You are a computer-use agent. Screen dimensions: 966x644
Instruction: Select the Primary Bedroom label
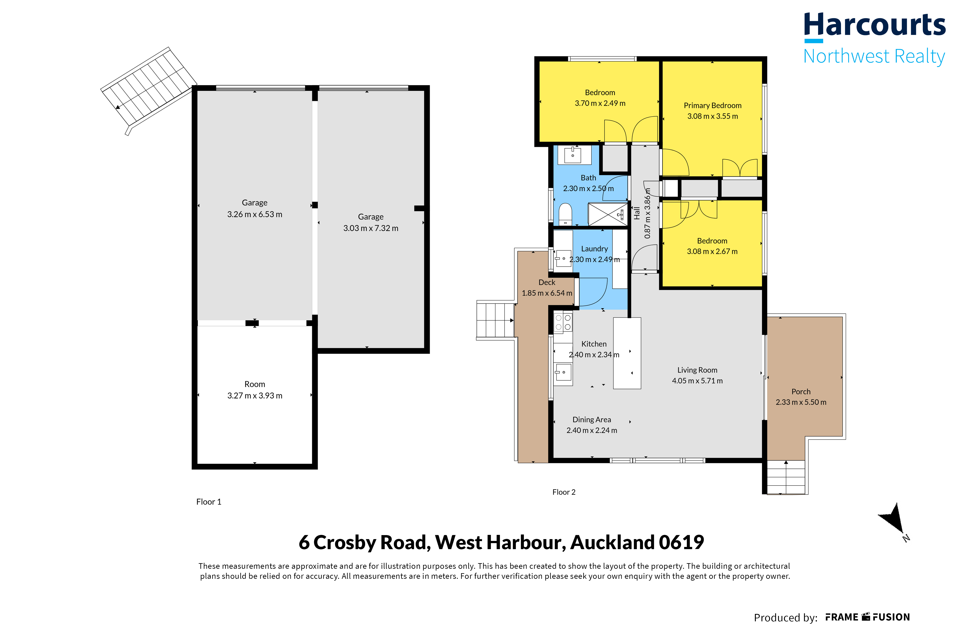[x=713, y=105]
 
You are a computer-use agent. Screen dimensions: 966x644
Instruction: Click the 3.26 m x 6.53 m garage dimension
[x=255, y=214]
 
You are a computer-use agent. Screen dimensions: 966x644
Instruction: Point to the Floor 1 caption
[x=209, y=502]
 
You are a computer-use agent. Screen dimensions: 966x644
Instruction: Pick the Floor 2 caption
[x=564, y=492]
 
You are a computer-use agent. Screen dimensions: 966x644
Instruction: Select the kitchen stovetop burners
[x=563, y=323]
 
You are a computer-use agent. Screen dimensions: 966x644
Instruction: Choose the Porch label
[x=801, y=392]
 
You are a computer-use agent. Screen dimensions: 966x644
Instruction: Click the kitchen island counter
[x=627, y=353]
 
